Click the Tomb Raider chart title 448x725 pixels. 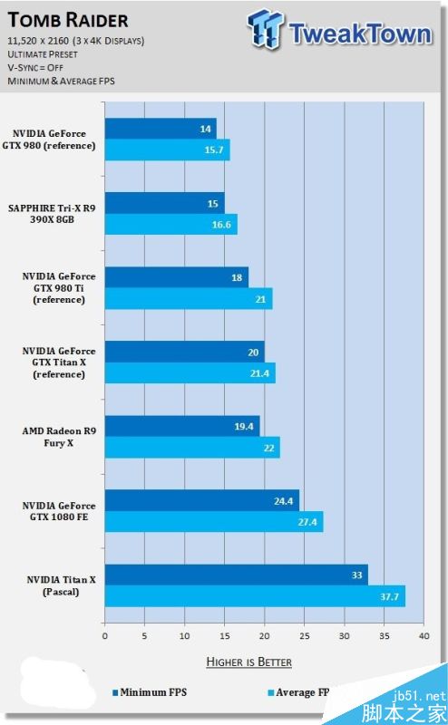click(69, 20)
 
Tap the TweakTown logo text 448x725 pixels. click(359, 34)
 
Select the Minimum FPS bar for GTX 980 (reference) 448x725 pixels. click(161, 129)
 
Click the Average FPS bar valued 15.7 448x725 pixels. click(167, 150)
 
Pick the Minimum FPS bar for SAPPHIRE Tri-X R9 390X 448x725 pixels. click(164, 203)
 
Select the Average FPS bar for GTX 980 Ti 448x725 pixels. click(189, 299)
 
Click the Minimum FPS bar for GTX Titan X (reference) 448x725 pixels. click(184, 352)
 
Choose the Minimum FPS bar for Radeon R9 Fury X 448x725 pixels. click(182, 426)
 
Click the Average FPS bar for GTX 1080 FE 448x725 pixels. click(214, 522)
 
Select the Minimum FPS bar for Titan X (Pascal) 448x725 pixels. click(236, 575)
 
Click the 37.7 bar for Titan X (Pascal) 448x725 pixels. click(255, 596)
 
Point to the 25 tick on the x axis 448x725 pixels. click(304, 623)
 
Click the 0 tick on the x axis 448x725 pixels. click(105, 623)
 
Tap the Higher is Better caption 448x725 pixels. click(249, 662)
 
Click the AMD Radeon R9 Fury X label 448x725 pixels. click(59, 437)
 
